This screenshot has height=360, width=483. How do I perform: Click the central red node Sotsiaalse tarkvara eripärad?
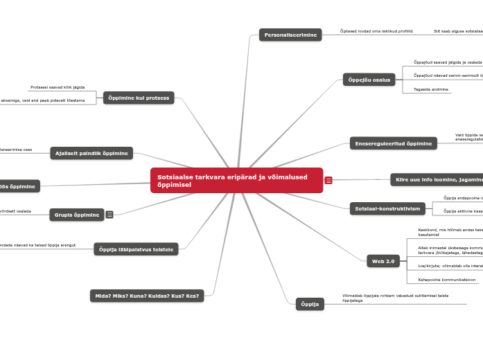[236, 181]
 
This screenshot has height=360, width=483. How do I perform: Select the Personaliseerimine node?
[290, 35]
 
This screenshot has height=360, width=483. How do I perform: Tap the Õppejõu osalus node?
[369, 80]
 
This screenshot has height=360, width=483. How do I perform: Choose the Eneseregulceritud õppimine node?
[393, 143]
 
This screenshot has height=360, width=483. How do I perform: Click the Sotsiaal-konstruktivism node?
[387, 208]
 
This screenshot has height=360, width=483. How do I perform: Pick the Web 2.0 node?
[383, 261]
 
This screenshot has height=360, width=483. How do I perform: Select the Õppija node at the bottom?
[310, 304]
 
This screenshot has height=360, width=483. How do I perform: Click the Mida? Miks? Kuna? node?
[147, 296]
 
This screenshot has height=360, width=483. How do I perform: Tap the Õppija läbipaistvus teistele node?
[136, 249]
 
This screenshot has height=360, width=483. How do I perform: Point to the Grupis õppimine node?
[77, 215]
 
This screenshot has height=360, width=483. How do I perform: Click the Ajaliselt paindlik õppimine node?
[91, 153]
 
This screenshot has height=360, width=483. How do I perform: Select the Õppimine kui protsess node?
[139, 98]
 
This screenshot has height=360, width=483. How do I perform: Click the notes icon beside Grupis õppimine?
[109, 215]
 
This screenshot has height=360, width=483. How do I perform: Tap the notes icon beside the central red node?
[328, 181]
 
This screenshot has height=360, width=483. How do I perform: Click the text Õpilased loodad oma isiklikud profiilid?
[376, 31]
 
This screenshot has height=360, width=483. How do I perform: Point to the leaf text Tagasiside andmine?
[431, 89]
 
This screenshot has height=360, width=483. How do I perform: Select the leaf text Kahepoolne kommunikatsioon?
[447, 280]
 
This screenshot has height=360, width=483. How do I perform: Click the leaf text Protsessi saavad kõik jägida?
[58, 87]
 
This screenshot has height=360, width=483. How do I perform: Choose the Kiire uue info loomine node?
[437, 179]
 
